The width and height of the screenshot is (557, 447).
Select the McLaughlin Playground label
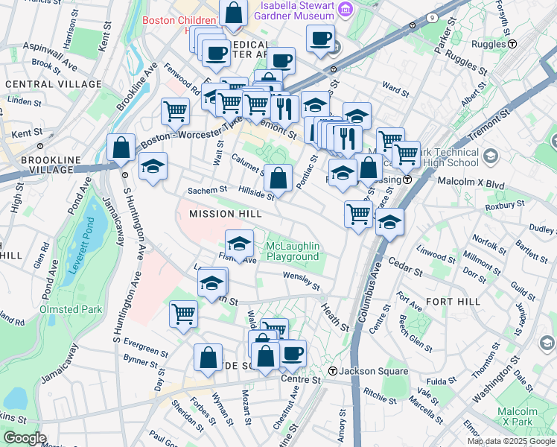(293, 251)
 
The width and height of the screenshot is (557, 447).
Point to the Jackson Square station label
(375, 371)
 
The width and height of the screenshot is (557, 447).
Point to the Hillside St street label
(256, 193)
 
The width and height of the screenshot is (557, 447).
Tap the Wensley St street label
(301, 281)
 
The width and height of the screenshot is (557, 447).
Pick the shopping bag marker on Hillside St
(278, 178)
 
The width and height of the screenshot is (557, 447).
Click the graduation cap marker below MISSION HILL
(239, 243)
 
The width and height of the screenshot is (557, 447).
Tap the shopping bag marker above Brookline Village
(121, 148)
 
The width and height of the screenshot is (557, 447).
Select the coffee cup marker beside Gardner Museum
(320, 39)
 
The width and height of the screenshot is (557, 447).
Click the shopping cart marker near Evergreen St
(183, 313)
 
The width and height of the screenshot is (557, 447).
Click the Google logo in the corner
(24, 438)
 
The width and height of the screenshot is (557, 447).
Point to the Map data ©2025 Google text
(511, 441)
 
